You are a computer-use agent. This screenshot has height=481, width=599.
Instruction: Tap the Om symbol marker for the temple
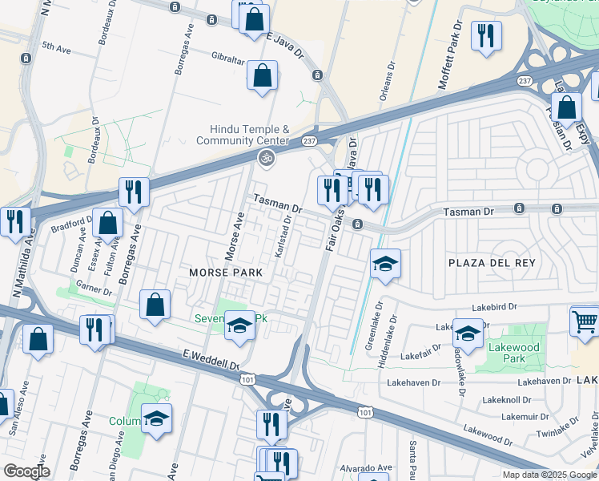[266, 159]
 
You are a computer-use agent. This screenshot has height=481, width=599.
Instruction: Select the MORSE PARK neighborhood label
[226, 273]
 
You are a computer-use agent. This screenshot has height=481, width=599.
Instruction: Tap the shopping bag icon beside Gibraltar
[262, 76]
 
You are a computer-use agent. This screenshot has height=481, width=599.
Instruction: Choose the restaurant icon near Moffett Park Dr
[485, 36]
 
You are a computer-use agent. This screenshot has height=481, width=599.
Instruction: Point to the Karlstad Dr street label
[280, 236]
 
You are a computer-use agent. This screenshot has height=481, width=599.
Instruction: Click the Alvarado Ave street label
[368, 467]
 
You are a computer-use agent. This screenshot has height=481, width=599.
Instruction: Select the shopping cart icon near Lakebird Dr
[585, 321]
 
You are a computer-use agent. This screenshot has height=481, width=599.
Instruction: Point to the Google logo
[26, 471]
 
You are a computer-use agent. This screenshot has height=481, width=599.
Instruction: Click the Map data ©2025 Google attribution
[549, 475]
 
